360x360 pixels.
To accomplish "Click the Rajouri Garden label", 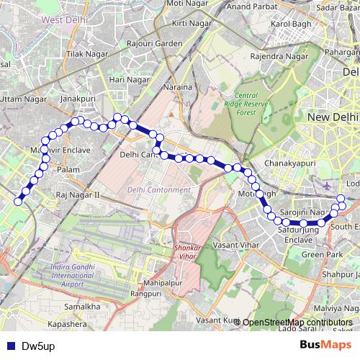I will pos(155,44).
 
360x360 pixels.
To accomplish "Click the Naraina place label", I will pos(181,87).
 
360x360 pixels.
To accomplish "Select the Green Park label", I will pos(322,254).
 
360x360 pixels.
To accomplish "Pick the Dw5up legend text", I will pos(36,346).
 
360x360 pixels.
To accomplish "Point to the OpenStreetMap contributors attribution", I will pos(297,322).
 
